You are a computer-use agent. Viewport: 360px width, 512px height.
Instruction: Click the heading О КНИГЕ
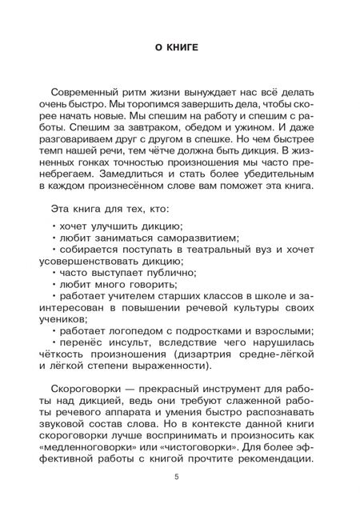click(x=179, y=49)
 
